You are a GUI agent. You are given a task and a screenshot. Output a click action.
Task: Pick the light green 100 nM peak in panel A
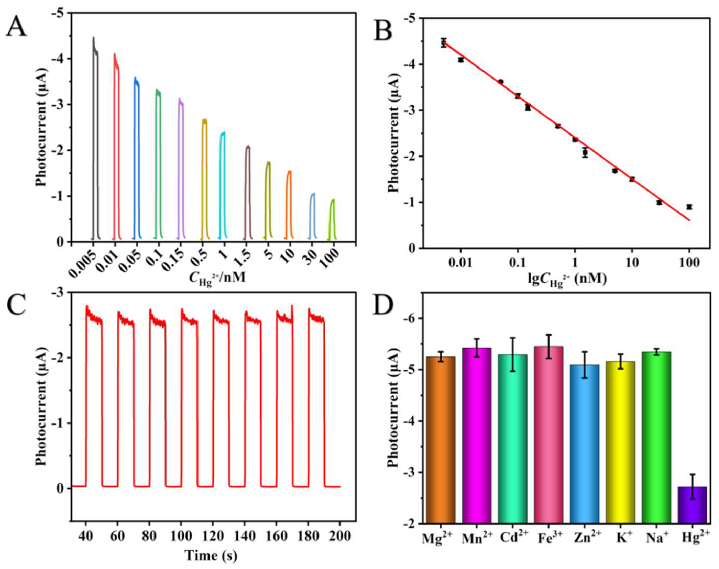point(332,220)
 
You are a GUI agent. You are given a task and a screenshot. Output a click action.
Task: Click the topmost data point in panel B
point(443,42)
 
